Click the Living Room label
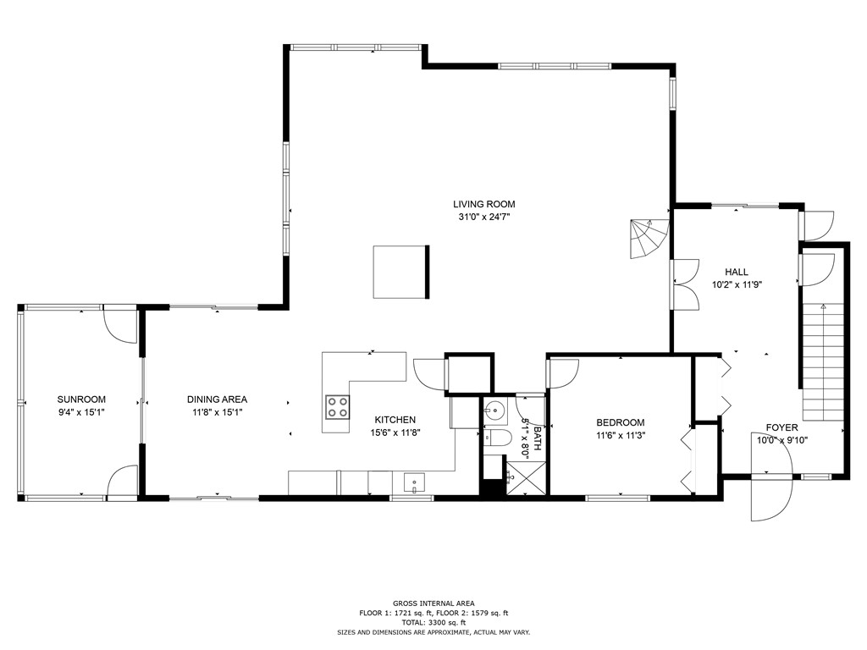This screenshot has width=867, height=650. pos(483,204)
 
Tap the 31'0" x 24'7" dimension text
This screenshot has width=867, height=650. pos(483,217)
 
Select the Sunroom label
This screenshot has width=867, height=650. pos(81,399)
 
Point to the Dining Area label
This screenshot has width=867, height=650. pos(218,399)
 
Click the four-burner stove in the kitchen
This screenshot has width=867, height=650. pos(338,407)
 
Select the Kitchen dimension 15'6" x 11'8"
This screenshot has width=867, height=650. pos(395,432)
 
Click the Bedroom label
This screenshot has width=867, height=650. pos(620,423)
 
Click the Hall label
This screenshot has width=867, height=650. pos(736,272)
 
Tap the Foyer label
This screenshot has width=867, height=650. pos(781,427)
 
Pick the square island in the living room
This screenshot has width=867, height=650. pos(401,272)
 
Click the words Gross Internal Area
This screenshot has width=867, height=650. pos(433,603)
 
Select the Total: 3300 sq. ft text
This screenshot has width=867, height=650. pos(433,622)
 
